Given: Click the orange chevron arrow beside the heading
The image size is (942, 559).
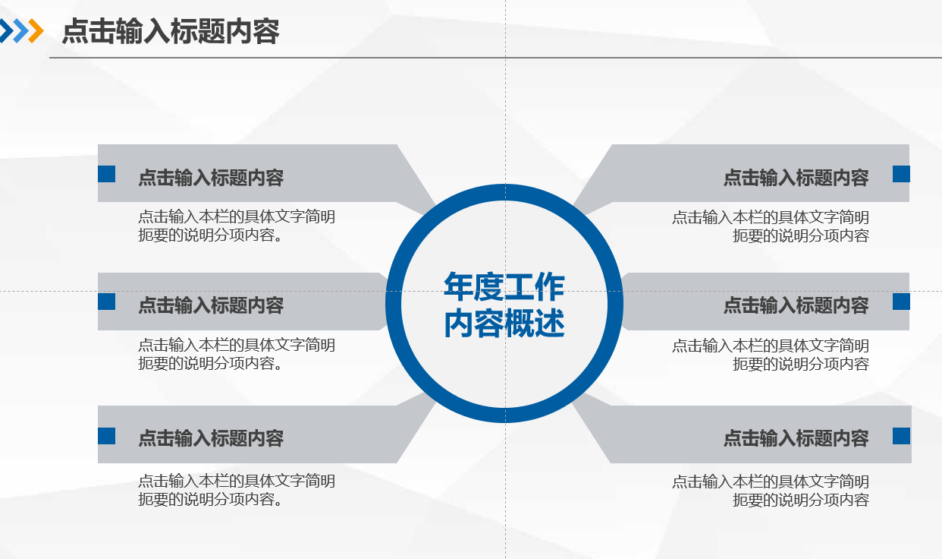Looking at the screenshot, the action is click(x=36, y=30).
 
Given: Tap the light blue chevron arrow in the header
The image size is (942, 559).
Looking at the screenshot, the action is click(x=21, y=30).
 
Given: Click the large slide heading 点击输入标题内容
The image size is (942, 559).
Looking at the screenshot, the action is click(x=171, y=31).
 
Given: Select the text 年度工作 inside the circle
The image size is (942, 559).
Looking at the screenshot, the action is click(x=504, y=286).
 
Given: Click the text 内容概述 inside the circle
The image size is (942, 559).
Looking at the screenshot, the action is click(x=504, y=323).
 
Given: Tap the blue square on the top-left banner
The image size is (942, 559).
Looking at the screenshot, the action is click(x=106, y=174).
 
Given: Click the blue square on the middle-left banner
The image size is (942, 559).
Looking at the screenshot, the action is click(x=106, y=302).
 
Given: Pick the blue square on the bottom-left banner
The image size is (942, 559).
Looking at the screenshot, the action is click(x=106, y=436).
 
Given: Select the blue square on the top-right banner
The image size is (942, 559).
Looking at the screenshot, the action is click(x=901, y=174).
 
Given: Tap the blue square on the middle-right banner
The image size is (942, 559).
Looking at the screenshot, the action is click(x=901, y=302).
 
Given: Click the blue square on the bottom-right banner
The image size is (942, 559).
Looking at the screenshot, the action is click(x=901, y=436).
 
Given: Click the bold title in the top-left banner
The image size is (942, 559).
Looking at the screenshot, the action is click(x=211, y=178).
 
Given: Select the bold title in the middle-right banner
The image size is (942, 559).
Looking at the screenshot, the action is click(x=796, y=305).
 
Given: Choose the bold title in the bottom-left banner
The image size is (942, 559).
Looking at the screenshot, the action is click(x=211, y=438).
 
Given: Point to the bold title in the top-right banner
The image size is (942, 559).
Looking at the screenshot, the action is click(x=796, y=178).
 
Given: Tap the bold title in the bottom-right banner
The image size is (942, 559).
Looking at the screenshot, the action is click(x=796, y=438).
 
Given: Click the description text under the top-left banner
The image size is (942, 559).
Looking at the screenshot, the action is click(x=237, y=226).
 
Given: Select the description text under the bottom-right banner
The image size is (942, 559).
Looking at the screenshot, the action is click(x=771, y=491).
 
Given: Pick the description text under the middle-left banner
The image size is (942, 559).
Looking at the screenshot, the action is click(x=237, y=354).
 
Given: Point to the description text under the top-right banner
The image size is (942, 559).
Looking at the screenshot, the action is click(x=771, y=226).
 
